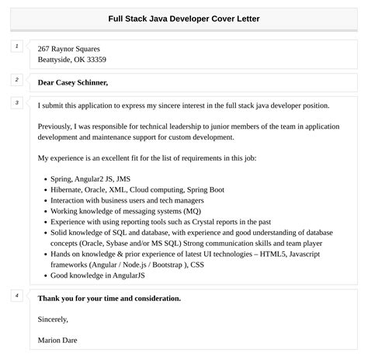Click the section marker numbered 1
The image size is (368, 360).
[16, 47]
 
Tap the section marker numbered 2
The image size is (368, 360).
[16, 79]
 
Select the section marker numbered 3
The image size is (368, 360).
[16, 102]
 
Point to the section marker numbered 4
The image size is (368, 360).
[16, 296]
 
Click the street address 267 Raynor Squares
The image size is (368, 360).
[68, 48]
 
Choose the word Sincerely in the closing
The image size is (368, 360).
[53, 319]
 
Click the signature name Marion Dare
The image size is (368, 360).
[57, 340]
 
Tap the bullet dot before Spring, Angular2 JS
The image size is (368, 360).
[41, 178]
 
